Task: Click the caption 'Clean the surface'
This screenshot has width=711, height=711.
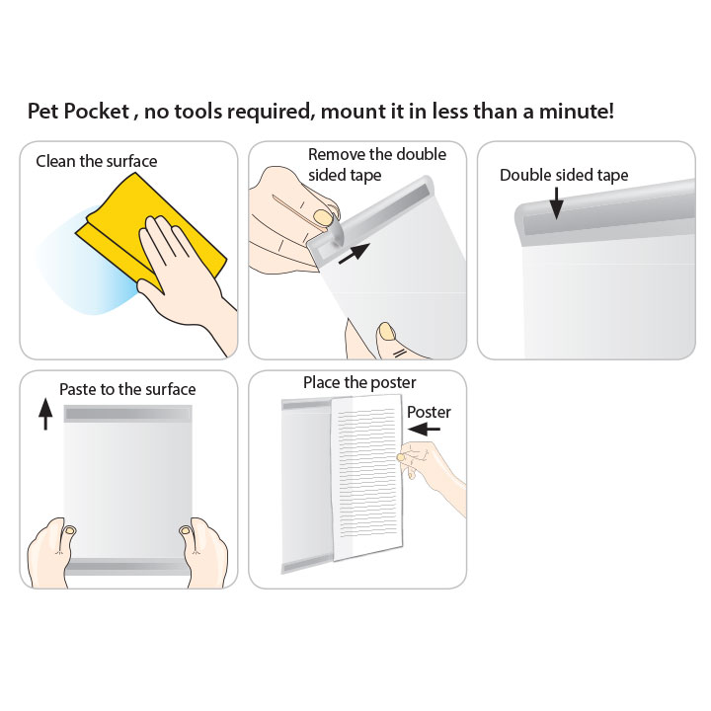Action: tap(97, 161)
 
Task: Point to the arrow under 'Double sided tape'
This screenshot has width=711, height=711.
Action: tap(556, 203)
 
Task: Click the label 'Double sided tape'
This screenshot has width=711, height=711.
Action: tap(564, 175)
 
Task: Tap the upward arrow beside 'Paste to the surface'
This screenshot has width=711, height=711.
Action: tap(45, 414)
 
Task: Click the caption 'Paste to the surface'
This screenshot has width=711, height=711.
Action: tap(127, 389)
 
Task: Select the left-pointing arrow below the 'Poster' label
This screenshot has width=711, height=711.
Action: tap(424, 429)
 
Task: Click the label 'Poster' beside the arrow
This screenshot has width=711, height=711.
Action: tap(429, 412)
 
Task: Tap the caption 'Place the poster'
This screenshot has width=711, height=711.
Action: tap(359, 382)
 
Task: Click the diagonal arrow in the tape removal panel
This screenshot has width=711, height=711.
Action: tap(355, 253)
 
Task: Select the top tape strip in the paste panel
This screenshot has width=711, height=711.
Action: tap(127, 414)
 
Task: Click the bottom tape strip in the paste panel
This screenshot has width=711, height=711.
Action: tap(127, 567)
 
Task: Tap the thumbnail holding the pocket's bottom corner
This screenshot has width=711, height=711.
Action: tap(387, 332)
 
